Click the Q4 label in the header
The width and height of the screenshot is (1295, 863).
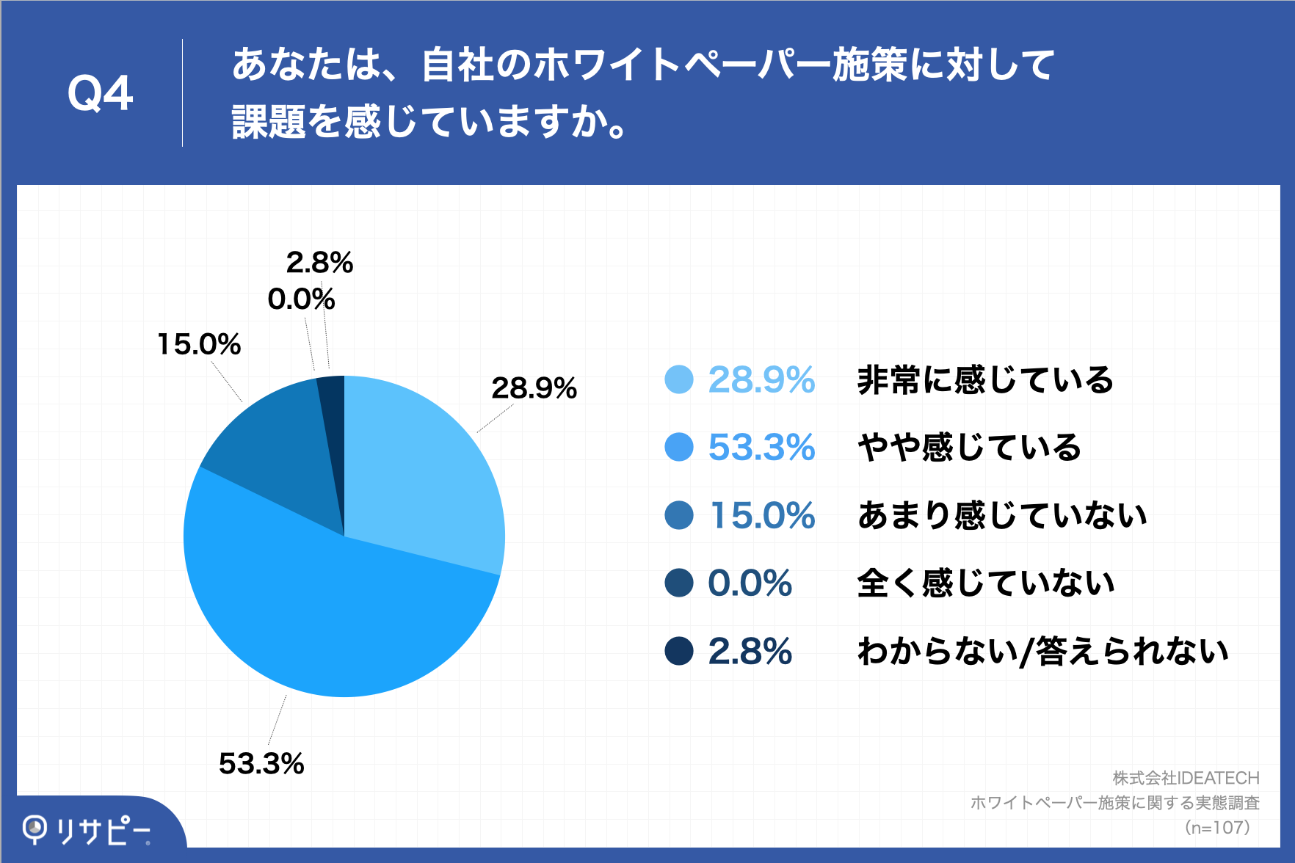pyautogui.click(x=100, y=94)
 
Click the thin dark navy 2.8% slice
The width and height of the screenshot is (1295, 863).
pyautogui.click(x=333, y=411)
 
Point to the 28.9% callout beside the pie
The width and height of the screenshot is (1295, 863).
pyautogui.click(x=534, y=388)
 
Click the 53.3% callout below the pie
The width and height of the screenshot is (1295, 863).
pyautogui.click(x=261, y=764)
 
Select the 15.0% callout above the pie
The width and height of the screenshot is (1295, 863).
pyautogui.click(x=199, y=344)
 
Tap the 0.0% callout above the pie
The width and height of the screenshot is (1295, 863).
pyautogui.click(x=301, y=299)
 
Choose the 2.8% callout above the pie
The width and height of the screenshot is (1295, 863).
pyautogui.click(x=319, y=263)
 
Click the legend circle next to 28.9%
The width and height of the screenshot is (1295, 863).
pyautogui.click(x=678, y=380)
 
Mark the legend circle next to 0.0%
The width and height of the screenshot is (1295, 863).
pyautogui.click(x=678, y=583)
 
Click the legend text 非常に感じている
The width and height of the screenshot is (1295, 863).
pyautogui.click(x=985, y=380)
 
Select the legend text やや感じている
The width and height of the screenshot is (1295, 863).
pyautogui.click(x=969, y=448)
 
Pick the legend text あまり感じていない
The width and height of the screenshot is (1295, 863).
pyautogui.click(x=1001, y=515)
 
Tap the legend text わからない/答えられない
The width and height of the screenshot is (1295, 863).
pyautogui.click(x=1042, y=651)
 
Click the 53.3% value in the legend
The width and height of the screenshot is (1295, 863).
pyautogui.click(x=761, y=448)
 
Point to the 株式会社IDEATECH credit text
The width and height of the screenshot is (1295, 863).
pyautogui.click(x=1186, y=778)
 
